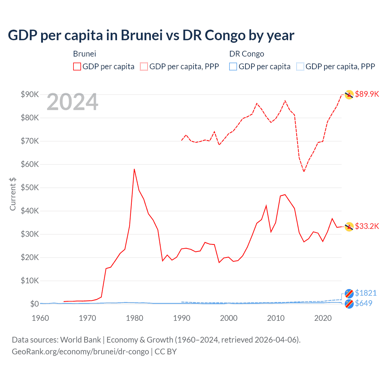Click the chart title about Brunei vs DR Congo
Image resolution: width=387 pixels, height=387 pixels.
(x=151, y=35)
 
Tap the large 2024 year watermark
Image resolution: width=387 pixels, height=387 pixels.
(x=72, y=102)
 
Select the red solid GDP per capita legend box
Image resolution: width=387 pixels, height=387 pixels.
(x=77, y=67)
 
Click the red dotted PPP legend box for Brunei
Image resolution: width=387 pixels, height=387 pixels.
(x=144, y=67)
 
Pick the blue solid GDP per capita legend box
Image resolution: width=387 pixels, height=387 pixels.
(x=233, y=67)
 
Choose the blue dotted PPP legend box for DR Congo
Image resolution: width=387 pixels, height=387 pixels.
(x=300, y=67)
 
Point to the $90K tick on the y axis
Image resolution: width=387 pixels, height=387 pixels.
(x=30, y=94)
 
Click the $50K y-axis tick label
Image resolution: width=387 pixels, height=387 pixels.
(x=30, y=187)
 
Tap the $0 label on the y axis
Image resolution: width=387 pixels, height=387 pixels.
(x=34, y=304)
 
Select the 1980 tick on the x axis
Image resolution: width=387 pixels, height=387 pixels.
(x=135, y=318)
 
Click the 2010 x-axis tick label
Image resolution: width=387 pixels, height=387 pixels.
(x=276, y=318)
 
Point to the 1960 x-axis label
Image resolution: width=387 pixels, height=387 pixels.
(x=41, y=318)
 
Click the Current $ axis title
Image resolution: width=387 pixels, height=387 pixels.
(x=13, y=194)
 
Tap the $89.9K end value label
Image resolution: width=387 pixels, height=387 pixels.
(x=367, y=94)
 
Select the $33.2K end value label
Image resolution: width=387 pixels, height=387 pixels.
(x=367, y=226)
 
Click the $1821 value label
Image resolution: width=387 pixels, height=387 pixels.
(x=366, y=293)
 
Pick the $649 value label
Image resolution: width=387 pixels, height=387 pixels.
(x=363, y=303)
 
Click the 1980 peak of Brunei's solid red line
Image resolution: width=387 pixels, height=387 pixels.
(x=134, y=169)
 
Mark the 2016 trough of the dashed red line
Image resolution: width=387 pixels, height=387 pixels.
(x=304, y=171)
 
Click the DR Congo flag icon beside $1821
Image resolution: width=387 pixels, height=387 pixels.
(x=349, y=293)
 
